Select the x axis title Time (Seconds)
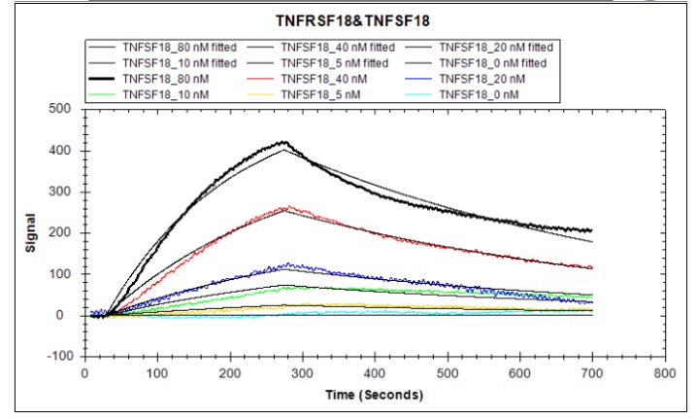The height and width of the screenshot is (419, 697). pos(374,395)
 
